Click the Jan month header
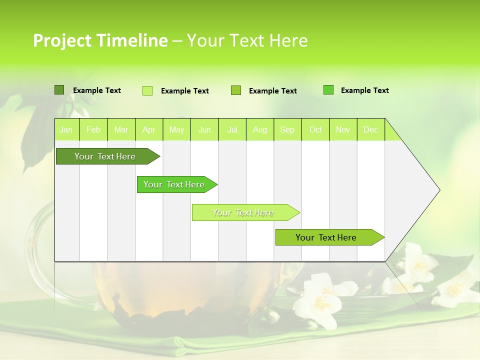(x=66, y=130)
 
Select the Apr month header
(x=149, y=130)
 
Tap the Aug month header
(x=260, y=130)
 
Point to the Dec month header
(x=371, y=130)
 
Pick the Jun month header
(x=204, y=130)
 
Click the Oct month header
(x=315, y=130)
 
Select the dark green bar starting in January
(x=105, y=156)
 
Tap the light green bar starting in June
(x=243, y=212)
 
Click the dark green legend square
(x=59, y=90)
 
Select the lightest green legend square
(x=147, y=90)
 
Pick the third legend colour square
(x=236, y=90)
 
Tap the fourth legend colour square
(x=328, y=90)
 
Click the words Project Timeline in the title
(x=100, y=40)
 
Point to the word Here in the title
(x=288, y=40)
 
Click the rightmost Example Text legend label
(x=364, y=90)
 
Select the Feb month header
(x=93, y=130)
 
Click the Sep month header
(x=287, y=130)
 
